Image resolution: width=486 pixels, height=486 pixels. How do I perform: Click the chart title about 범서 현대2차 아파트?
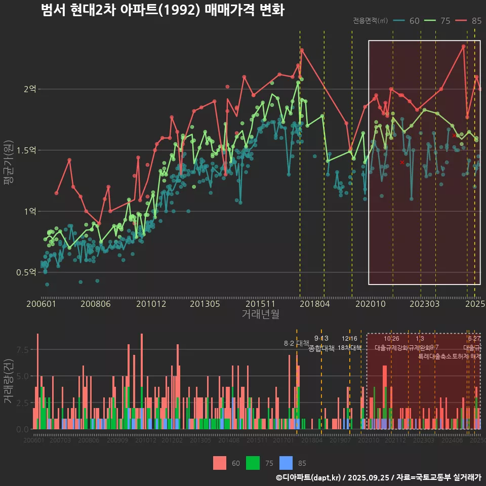(163, 10)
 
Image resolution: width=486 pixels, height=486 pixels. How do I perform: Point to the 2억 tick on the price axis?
(30, 89)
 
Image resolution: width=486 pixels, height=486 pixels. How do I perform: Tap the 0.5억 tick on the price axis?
(26, 272)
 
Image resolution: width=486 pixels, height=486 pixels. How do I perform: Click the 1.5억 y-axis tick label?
(26, 150)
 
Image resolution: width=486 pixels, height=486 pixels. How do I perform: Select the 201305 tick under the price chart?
(205, 304)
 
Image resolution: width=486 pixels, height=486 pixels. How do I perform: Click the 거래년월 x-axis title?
(260, 314)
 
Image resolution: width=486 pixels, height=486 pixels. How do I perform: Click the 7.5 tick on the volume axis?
(23, 350)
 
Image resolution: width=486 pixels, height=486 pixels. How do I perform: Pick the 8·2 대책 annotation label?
(296, 343)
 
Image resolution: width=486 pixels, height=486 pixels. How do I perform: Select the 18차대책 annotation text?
(349, 348)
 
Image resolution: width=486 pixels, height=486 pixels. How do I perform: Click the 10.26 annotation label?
(391, 339)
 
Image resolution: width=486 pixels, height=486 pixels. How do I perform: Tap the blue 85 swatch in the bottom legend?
(286, 463)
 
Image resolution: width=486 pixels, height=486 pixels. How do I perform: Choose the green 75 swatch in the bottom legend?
(253, 463)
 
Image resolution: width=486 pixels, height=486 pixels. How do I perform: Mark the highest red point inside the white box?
(463, 47)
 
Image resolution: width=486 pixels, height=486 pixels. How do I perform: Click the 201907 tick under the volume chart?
(340, 440)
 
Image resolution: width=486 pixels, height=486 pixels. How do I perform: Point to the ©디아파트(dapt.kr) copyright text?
(309, 477)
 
